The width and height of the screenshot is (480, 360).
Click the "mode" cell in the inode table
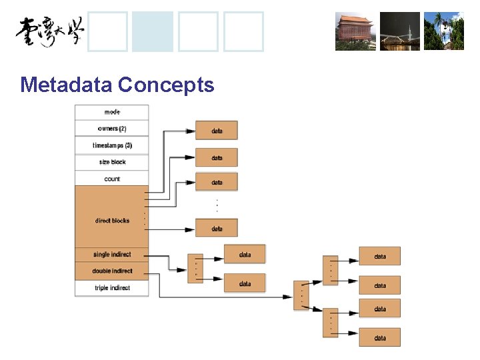pos(112,112)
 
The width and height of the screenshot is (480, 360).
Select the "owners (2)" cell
pos(112,129)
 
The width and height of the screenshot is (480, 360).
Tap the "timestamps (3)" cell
pos(112,145)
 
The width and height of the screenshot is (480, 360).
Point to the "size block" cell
pos(112,162)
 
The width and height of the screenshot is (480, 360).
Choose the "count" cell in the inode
pos(112,179)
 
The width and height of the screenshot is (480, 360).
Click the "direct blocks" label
pos(112,221)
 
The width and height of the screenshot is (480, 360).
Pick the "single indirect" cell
pos(112,254)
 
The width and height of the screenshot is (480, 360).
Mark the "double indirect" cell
pos(112,271)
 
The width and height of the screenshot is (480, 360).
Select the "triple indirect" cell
pos(112,288)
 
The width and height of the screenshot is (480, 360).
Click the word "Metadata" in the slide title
pos(66,85)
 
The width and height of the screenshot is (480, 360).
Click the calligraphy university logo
pos(50,31)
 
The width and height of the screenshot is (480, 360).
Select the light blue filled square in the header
pos(153,31)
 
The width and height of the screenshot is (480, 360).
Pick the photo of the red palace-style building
pos(355,31)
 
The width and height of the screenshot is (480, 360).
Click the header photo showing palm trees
pos(443,31)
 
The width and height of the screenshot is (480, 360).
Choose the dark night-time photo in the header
pos(400,31)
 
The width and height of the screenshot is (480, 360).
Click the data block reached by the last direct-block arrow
pos(217,229)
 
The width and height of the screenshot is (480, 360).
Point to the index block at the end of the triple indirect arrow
pos(302,295)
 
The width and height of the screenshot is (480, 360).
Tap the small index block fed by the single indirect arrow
pos(195,268)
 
